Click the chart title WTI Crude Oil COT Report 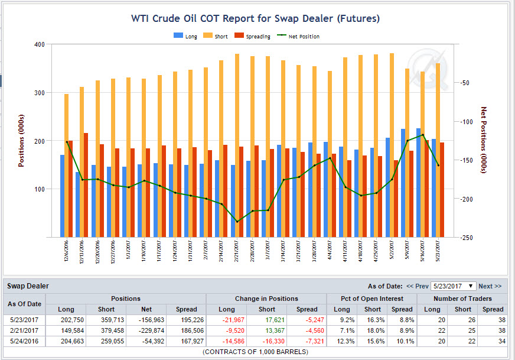click(255, 19)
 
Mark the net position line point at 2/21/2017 click(237, 222)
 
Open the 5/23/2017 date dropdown click(453, 286)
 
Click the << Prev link click(417, 286)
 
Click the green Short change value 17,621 click(267, 320)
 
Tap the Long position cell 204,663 click(66, 341)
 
